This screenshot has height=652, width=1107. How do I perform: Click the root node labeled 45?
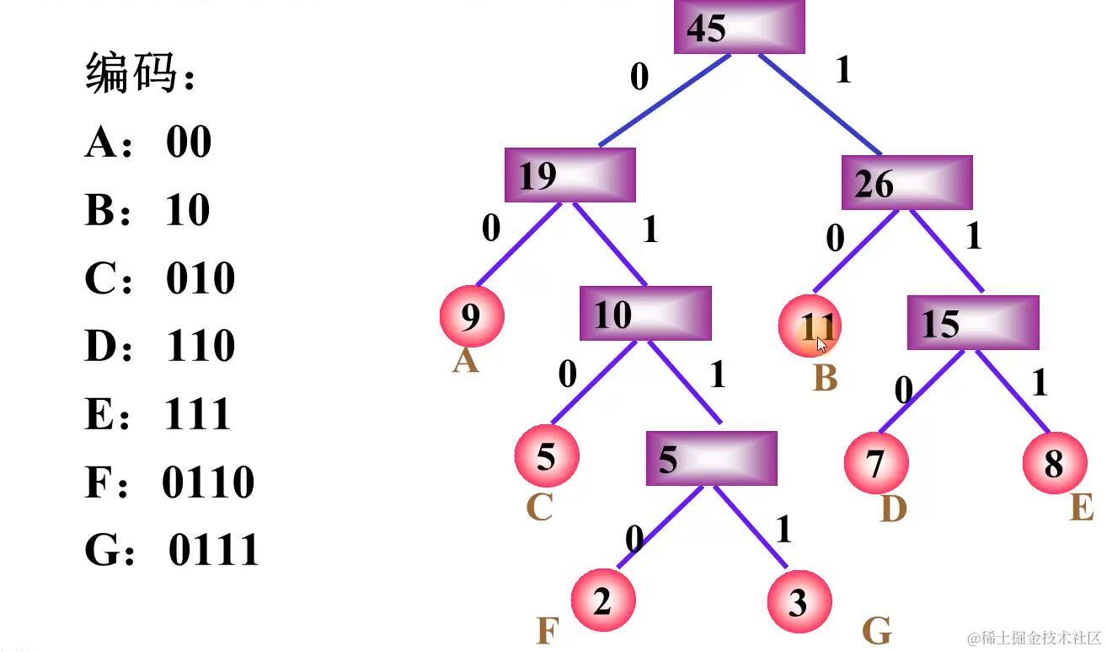point(739,27)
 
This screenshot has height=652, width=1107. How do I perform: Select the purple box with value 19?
point(570,175)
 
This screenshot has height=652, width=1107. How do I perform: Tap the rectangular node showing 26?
point(906,183)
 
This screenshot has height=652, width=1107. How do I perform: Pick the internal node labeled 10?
point(644,314)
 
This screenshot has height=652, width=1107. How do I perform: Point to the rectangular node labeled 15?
point(972,323)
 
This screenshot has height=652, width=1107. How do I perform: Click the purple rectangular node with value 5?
point(711,459)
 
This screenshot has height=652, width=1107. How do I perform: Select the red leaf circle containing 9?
point(471,316)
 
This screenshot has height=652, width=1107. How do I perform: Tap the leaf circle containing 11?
point(810,326)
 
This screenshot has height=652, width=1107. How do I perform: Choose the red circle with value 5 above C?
point(546,456)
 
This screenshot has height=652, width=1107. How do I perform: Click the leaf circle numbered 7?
point(875,462)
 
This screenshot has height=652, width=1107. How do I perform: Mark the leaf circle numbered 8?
point(1054,463)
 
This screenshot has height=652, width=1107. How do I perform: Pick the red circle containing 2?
point(602,601)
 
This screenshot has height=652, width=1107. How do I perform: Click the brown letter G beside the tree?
point(877,630)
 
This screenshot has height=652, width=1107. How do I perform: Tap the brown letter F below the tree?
point(548,630)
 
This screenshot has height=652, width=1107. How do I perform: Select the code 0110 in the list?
point(208,482)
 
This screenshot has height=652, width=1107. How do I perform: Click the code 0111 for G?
point(214,550)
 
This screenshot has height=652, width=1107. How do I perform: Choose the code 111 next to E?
point(198,414)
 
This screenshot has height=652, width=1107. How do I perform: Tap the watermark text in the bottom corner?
point(1035,638)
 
